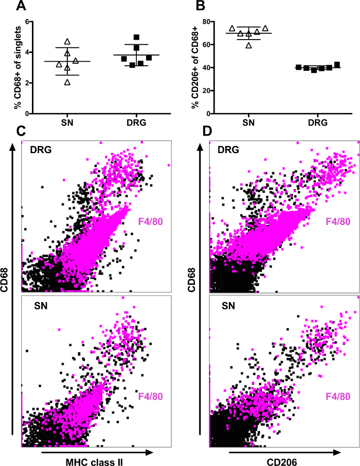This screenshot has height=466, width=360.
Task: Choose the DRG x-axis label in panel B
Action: [314, 122]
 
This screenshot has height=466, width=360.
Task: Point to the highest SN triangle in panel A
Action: [67, 41]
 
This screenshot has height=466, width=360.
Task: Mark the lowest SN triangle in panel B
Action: [249, 45]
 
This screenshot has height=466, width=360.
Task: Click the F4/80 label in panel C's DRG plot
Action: [152, 221]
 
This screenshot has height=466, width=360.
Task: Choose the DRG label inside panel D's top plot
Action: [229, 149]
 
